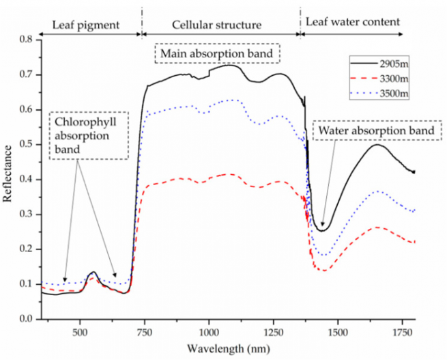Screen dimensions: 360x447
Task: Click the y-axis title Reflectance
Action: click(8, 180)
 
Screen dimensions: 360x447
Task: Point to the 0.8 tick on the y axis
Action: click(27, 40)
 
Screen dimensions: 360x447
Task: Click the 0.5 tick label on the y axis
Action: click(27, 144)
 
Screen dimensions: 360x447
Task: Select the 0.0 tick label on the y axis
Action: click(27, 319)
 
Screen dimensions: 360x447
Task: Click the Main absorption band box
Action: click(218, 52)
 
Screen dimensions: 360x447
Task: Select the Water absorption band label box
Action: click(373, 130)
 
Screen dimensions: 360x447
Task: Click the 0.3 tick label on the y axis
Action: click(27, 214)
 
